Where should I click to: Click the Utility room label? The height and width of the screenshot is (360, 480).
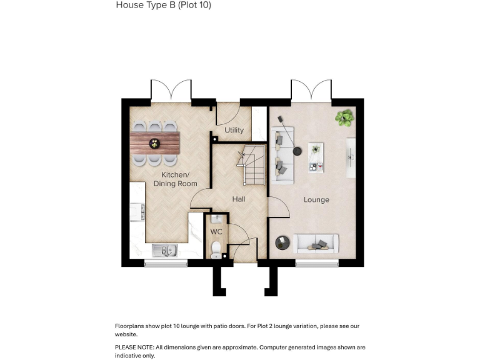pos(234,131)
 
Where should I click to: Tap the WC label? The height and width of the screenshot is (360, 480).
pos(216,231)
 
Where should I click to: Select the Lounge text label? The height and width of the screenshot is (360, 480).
pos(316,200)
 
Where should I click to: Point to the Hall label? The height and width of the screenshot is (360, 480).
pos(239,199)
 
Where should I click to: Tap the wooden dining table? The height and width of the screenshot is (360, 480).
pos(154,142)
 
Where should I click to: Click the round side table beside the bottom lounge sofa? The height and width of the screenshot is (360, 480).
pos(282,242)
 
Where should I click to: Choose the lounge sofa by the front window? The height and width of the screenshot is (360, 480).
pos(316,243)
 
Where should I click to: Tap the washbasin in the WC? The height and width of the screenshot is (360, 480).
pos(216,219)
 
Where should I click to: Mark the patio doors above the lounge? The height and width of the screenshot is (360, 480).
pos(311,92)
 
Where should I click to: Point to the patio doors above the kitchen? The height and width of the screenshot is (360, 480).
pos(171,92)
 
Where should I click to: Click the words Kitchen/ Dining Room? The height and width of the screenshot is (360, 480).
pos(176,179)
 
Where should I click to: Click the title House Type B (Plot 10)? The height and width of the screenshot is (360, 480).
pos(163,5)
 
